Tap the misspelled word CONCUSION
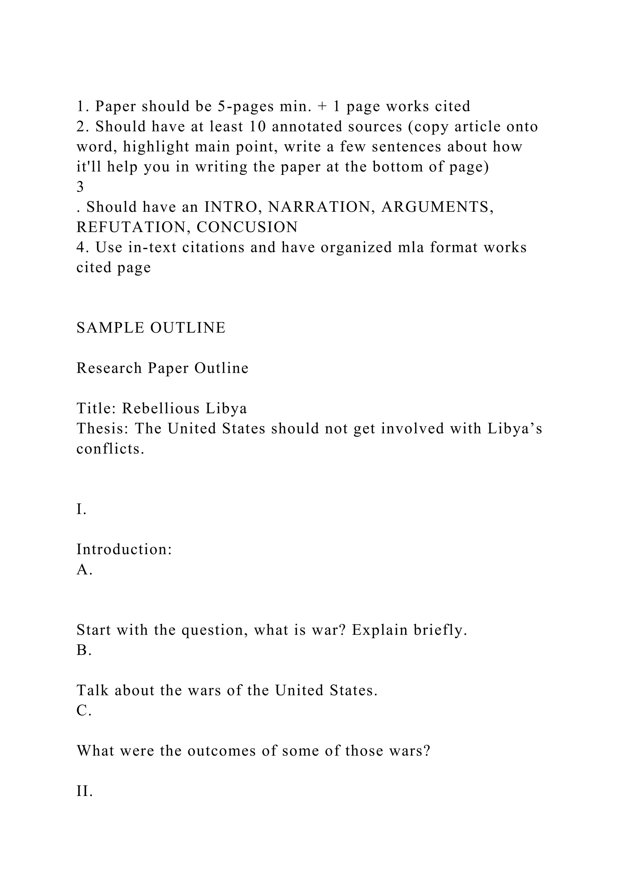pos(247,227)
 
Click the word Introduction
pos(124,549)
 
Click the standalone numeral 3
pos(80,187)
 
